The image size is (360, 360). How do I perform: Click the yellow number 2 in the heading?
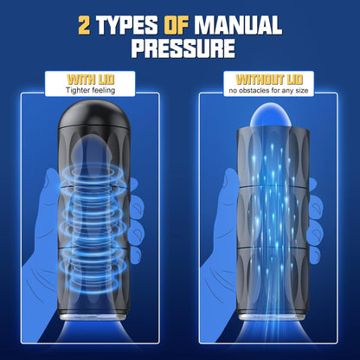click(x=84, y=25)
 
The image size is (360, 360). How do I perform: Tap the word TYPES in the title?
click(x=126, y=25)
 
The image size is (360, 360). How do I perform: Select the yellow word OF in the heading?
click(x=176, y=25)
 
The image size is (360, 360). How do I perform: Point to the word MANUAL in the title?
click(x=238, y=25)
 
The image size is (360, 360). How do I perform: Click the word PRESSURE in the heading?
click(x=183, y=48)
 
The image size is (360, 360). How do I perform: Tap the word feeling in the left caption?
click(x=103, y=90)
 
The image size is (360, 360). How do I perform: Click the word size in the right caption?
click(x=302, y=91)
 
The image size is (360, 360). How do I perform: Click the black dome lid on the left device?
click(x=94, y=115)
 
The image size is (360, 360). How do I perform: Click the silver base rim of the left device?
click(x=94, y=317)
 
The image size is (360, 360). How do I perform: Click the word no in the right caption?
click(x=233, y=91)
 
